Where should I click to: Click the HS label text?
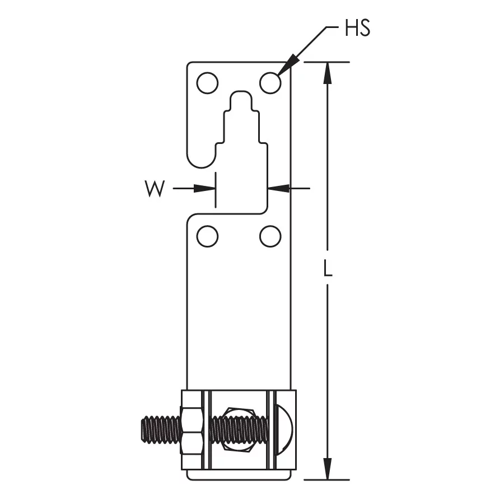tap(357, 29)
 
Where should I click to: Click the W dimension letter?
tap(155, 189)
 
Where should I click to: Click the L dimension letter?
tap(329, 270)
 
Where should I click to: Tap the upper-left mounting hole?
tap(207, 83)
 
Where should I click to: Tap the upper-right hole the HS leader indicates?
tap(270, 83)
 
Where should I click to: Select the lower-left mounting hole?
tap(207, 236)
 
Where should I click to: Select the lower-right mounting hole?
tap(270, 236)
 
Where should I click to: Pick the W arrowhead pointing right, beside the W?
tap(207, 189)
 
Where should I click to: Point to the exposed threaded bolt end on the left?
tap(160, 430)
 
